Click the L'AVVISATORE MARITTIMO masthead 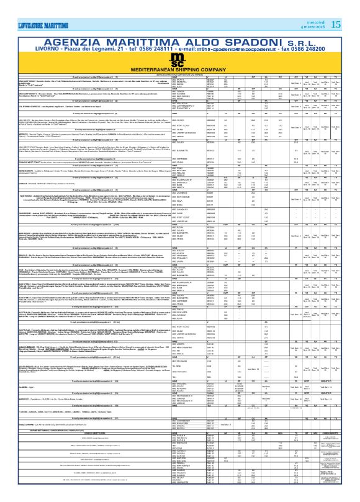point(30,7)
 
